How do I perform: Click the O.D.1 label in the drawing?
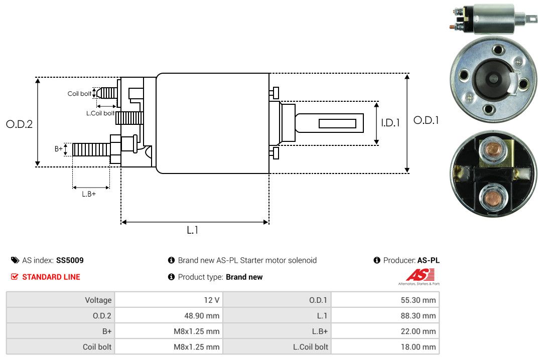pos(426,120)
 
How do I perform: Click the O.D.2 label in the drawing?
pos(19,124)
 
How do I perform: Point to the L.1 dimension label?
pos(193,230)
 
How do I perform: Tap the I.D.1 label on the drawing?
pos(390,122)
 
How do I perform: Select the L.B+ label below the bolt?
pos(89,194)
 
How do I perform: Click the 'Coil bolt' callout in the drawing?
pos(79,94)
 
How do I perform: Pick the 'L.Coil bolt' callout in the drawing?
pos(100,113)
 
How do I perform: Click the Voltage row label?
pos(98,300)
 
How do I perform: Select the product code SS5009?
pos(70,260)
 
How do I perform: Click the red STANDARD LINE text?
pos(51,277)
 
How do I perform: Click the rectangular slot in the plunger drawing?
pos(337,123)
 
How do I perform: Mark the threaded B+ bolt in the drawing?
pos(91,149)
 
